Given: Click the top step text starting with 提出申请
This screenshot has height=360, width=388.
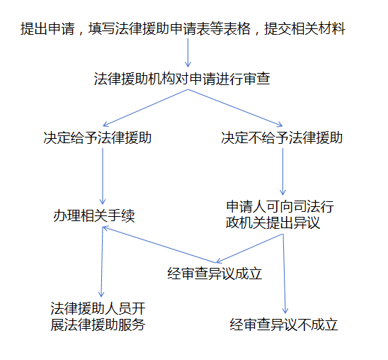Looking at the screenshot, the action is click(183, 29).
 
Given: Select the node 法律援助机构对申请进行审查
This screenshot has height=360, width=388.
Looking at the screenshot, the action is click(182, 79).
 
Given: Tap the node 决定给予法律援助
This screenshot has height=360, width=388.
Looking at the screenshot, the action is click(98, 137).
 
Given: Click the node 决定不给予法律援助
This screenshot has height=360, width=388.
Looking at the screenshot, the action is click(282, 137).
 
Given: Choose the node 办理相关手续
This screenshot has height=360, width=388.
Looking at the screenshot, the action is click(94, 215).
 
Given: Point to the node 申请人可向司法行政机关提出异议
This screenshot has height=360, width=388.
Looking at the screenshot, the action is click(280, 215).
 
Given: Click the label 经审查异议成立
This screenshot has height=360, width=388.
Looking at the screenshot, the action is click(215, 274).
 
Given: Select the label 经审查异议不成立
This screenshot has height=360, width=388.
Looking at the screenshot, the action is click(284, 325).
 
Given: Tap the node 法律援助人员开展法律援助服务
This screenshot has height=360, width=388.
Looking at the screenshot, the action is click(98, 316).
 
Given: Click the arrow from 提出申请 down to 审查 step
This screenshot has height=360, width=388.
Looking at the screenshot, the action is click(188, 52).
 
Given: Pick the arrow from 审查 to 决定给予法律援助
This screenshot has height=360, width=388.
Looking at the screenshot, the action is click(145, 108).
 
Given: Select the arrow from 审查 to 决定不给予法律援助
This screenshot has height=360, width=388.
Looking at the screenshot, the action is click(235, 108).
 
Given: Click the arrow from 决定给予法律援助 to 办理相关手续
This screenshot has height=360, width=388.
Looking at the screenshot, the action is click(103, 176).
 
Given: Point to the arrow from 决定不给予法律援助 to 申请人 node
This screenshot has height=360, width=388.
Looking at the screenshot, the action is click(283, 171).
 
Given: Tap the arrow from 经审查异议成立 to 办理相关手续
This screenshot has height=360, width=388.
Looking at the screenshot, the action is click(159, 245).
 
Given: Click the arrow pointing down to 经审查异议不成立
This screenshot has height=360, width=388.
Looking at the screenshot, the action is click(284, 274).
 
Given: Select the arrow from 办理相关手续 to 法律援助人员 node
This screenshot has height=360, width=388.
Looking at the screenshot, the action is click(102, 262).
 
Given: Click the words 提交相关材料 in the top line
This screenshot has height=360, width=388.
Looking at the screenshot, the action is click(304, 29).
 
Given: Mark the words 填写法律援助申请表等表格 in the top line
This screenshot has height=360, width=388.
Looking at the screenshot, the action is click(169, 29).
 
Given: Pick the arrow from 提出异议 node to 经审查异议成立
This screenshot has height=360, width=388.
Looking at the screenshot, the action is click(249, 248).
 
